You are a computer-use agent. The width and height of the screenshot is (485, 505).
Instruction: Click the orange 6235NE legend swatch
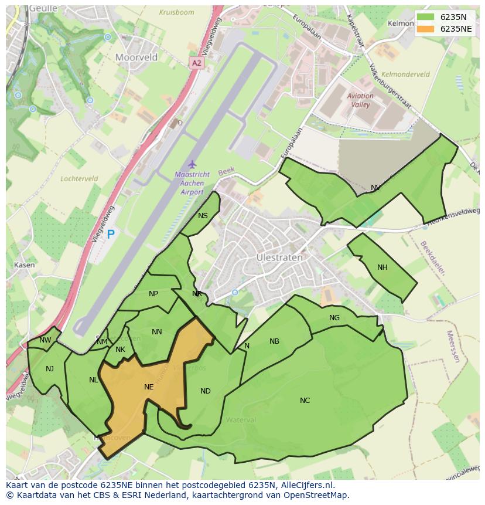pos(426,29)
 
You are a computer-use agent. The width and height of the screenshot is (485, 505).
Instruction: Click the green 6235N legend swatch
pos(426,16)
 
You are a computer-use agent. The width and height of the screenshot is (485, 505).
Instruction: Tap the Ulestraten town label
pos(279,257)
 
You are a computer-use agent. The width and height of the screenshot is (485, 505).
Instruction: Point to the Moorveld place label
pos(136,57)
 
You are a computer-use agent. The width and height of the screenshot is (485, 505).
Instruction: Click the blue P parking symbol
pos(110,235)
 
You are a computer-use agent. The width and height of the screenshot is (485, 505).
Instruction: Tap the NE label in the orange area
pos(149,387)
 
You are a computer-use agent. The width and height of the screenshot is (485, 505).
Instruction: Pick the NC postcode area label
pos(305,401)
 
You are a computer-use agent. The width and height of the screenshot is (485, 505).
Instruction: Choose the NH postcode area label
pos(382,267)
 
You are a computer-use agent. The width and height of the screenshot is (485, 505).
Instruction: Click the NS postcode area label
pos(203,216)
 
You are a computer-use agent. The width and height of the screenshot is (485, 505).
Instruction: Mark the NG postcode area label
pos(334,318)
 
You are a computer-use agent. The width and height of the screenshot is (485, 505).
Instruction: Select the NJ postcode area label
pos(50,368)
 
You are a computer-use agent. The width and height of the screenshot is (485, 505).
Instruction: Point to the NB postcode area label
pos(274,341)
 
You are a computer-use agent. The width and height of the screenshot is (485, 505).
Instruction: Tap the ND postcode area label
pos(205,391)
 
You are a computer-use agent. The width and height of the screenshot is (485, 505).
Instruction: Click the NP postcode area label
pos(153,294)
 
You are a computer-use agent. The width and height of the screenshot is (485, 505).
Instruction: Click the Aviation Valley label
pos(360,100)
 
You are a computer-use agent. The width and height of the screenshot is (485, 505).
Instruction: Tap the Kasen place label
pos(24,265)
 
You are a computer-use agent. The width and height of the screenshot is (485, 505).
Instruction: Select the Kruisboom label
pos(176,12)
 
